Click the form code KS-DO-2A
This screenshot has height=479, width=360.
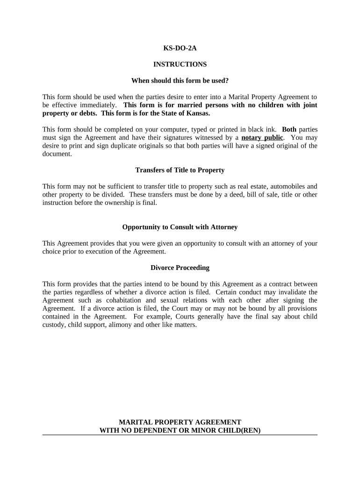(x=180, y=47)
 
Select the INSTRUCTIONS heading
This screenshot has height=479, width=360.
(x=180, y=64)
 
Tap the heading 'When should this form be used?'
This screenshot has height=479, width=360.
(x=180, y=80)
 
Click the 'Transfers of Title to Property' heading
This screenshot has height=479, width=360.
(x=180, y=170)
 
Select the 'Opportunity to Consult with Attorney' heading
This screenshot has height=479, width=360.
(x=180, y=227)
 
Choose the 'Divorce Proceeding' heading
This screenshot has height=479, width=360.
(x=180, y=268)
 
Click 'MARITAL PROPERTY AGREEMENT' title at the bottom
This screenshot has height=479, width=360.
(x=180, y=422)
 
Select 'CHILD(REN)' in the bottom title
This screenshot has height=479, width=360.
(x=239, y=430)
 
